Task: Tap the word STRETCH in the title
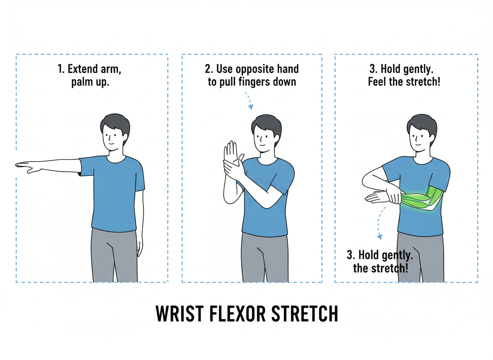tap(304, 313)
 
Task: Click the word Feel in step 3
tap(377, 82)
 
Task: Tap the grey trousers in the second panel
tap(265, 257)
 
